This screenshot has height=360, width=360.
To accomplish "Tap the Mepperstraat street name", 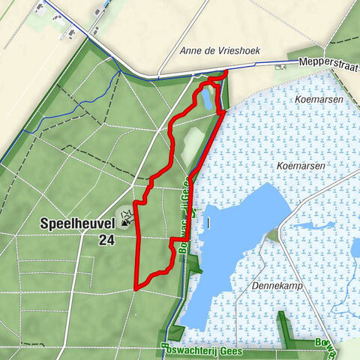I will (x=327, y=64).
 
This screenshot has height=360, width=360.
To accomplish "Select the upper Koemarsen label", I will (x=319, y=99).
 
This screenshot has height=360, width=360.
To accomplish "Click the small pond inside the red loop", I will (x=205, y=99).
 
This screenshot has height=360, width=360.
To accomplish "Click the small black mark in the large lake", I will (x=209, y=223).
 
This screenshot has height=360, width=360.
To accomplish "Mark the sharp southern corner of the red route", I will (x=136, y=287).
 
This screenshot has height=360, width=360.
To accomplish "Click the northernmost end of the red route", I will (x=226, y=71).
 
